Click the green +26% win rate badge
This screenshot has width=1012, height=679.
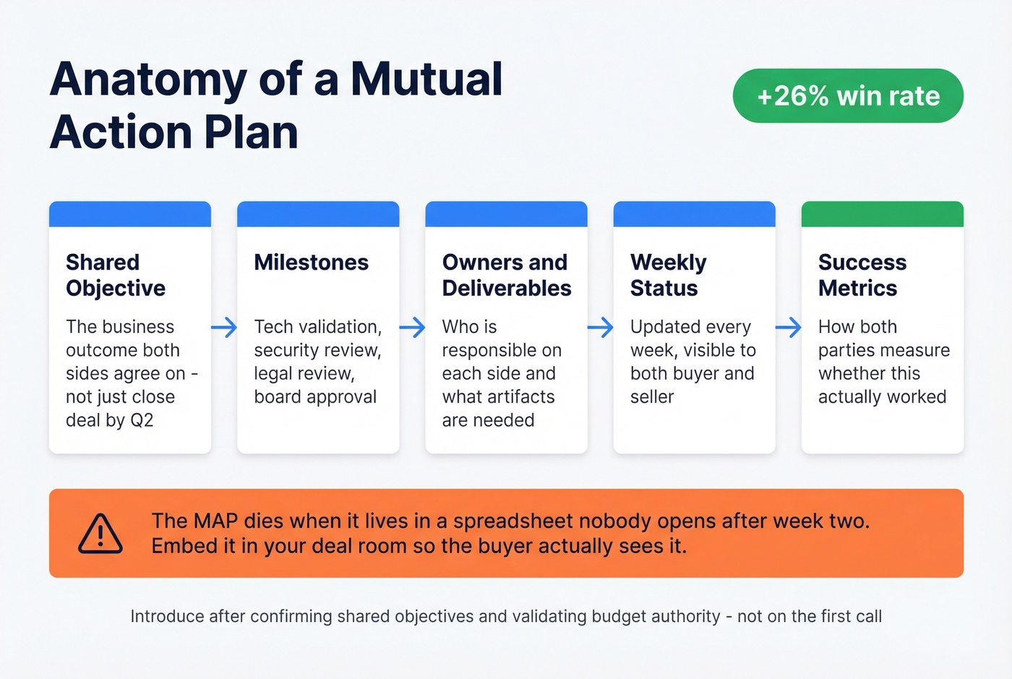(848, 96)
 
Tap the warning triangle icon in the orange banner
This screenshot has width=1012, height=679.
(100, 534)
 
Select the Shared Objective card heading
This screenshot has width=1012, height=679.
(116, 275)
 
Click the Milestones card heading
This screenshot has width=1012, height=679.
(311, 262)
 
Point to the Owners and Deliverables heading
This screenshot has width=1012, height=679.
(506, 275)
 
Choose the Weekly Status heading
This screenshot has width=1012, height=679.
(668, 275)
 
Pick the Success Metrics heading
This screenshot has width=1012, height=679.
(862, 275)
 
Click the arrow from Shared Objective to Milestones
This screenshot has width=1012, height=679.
(224, 328)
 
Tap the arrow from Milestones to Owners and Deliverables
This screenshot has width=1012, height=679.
(412, 328)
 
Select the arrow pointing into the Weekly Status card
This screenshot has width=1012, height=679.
(600, 328)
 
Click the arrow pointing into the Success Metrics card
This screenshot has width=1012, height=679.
(788, 328)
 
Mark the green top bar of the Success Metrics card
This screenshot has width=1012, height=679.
(882, 214)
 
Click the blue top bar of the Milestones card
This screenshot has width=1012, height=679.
(318, 214)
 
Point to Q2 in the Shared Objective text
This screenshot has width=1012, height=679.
(142, 420)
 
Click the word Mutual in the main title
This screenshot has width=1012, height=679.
(426, 79)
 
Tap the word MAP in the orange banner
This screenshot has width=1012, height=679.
(216, 521)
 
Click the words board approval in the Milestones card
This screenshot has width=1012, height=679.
(315, 397)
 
